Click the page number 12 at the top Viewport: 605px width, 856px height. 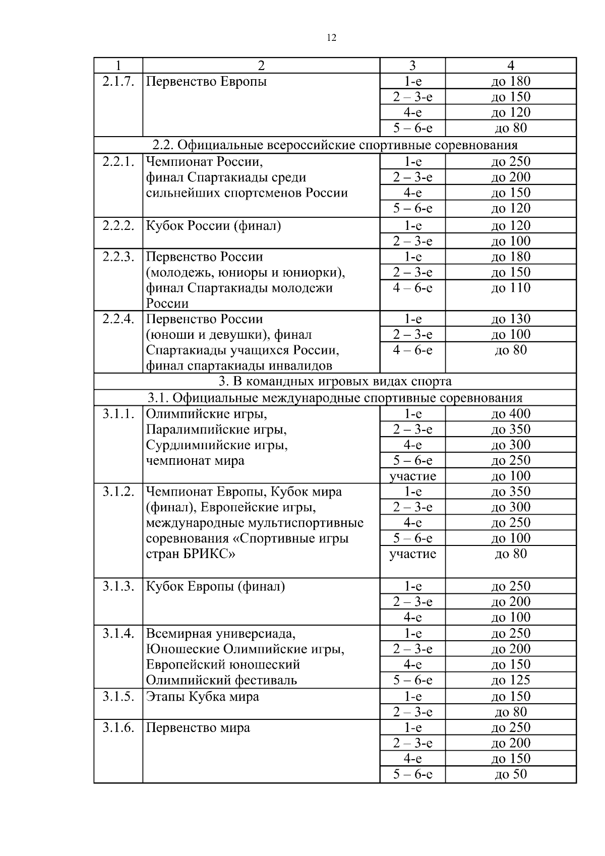point(332,38)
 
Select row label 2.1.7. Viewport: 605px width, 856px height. point(118,82)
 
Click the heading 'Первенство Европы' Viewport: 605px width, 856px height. point(206,82)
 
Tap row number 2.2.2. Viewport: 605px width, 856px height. point(118,226)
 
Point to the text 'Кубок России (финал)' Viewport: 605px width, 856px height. point(213,226)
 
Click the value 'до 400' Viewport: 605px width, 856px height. point(511,414)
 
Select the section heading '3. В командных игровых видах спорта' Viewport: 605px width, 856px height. point(335,381)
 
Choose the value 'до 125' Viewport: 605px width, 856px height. point(511,680)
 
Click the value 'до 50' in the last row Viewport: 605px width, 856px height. point(511,774)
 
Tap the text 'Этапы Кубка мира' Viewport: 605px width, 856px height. point(202,697)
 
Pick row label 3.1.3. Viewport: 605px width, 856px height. point(118,586)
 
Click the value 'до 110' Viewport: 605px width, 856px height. point(511,288)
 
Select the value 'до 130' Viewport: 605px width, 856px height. point(511,319)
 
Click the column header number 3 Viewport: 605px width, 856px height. point(412,66)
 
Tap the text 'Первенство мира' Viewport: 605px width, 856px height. point(198,728)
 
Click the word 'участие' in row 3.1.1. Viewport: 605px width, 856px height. point(412,476)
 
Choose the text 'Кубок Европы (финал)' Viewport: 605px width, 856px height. point(215,586)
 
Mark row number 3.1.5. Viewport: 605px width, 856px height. point(118,697)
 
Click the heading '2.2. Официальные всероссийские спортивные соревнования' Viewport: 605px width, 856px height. point(335,145)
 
